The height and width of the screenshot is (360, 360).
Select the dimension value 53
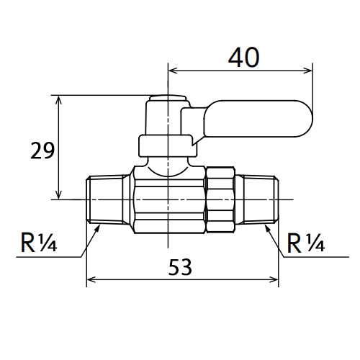point(181,268)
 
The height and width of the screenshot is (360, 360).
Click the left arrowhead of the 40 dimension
point(171,70)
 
